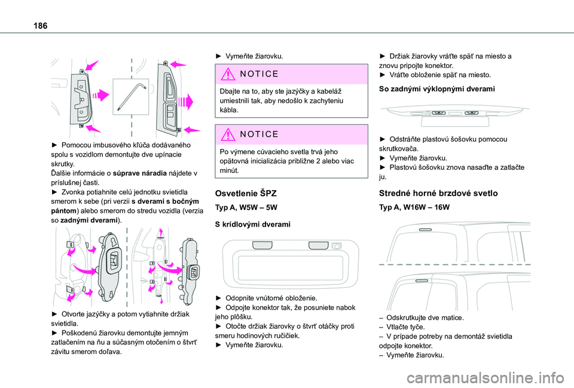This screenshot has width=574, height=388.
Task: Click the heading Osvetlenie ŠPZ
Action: pos(246,193)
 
